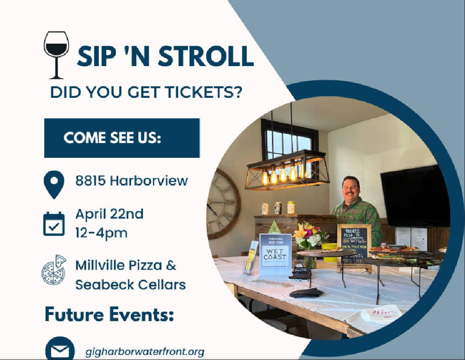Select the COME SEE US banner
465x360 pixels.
tap(122, 138)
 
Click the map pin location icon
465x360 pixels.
tap(54, 184)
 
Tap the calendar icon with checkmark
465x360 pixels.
tap(54, 224)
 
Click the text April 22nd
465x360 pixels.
tap(109, 214)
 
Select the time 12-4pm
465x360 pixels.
tap(101, 233)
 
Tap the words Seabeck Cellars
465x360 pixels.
tap(130, 285)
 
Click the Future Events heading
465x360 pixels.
tap(109, 314)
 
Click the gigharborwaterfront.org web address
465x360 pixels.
tap(145, 352)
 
